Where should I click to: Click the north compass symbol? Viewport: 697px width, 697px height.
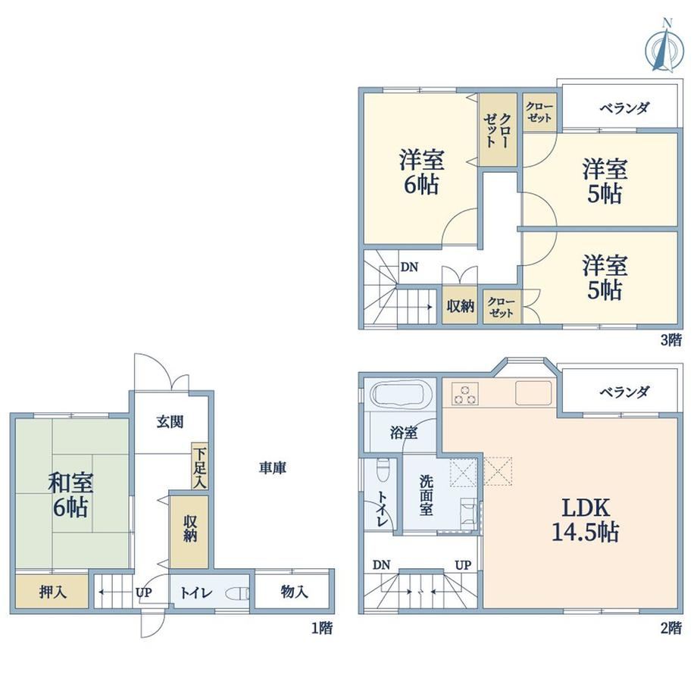coord(664,47)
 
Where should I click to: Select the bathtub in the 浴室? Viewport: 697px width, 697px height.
coord(401,393)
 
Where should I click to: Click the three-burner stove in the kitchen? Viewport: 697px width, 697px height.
coord(465,393)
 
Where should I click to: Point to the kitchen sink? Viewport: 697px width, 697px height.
coord(533,393)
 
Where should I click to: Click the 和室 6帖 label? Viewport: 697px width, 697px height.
coord(70,495)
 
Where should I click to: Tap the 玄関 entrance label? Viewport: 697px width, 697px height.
coord(170,421)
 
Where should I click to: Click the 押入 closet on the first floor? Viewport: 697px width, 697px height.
coord(52,591)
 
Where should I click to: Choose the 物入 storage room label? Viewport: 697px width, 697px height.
coord(294,592)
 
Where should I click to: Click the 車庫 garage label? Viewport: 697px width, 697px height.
coord(273,467)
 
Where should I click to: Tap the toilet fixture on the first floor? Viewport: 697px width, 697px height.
coord(238,593)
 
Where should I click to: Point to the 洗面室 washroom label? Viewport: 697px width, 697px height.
coord(426,495)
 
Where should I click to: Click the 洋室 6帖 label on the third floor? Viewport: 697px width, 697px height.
coord(421,172)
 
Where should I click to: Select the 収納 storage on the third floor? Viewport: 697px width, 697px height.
coord(460,306)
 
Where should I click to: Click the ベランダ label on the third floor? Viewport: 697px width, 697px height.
coord(624,108)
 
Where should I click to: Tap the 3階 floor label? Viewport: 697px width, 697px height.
coord(670,340)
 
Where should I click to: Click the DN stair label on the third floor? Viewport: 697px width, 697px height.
coord(409,267)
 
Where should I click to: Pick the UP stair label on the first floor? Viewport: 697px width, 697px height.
coord(144,592)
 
